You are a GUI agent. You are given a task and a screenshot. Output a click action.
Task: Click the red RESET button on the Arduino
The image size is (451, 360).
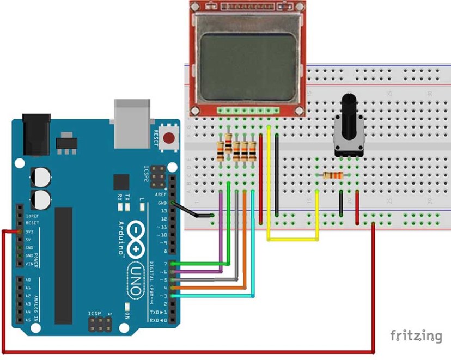[x=170, y=138]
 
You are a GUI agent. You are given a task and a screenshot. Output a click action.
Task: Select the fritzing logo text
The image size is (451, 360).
[x=416, y=335]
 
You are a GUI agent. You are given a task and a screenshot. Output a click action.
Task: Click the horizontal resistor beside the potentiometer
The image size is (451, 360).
[x=333, y=175]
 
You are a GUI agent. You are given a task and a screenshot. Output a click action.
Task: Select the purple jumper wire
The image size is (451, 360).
[x=220, y=229]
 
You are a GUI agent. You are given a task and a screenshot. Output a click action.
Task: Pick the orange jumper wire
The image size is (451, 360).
[x=245, y=240]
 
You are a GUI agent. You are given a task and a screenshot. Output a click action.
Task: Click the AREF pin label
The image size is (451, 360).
[x=161, y=194]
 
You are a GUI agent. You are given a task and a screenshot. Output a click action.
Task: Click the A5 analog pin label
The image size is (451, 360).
[x=28, y=320]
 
